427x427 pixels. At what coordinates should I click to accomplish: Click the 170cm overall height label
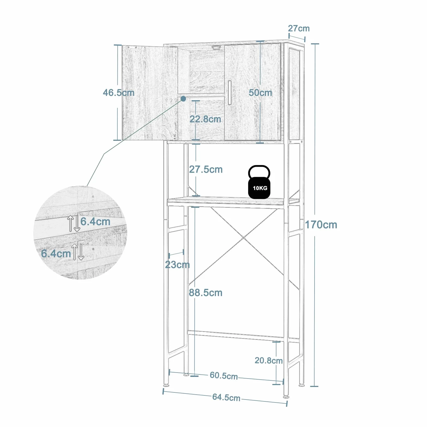point(321,225)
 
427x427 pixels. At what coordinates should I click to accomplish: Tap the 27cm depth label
point(299,28)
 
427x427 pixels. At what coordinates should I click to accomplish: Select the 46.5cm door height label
point(118,93)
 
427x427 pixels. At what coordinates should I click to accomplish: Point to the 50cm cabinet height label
point(260,93)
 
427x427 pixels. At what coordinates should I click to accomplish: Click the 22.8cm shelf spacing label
point(205,119)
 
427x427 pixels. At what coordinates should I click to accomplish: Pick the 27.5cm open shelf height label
point(206,169)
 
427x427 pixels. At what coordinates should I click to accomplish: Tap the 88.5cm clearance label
point(206,293)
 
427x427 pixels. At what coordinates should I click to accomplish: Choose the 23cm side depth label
point(177,264)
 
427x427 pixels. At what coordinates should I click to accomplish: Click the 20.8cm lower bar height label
point(269,361)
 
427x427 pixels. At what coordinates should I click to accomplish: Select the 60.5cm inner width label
point(224,376)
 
